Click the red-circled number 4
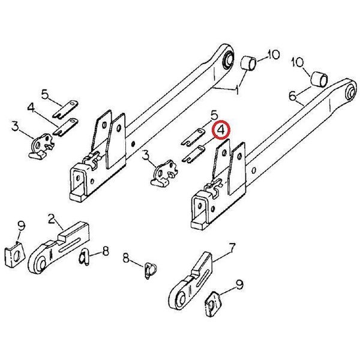coord(221,130)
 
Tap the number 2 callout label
coord(52,218)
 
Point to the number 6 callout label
coord(293,96)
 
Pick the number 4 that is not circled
coord(31,108)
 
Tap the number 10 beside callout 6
coord(298,62)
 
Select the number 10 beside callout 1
coord(273,55)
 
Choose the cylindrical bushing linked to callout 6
coord(319,79)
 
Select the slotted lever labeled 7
coord(190,281)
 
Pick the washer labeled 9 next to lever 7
coord(213,304)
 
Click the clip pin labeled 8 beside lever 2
coord(84,257)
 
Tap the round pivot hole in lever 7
coord(182,299)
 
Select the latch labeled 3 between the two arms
coord(164,173)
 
